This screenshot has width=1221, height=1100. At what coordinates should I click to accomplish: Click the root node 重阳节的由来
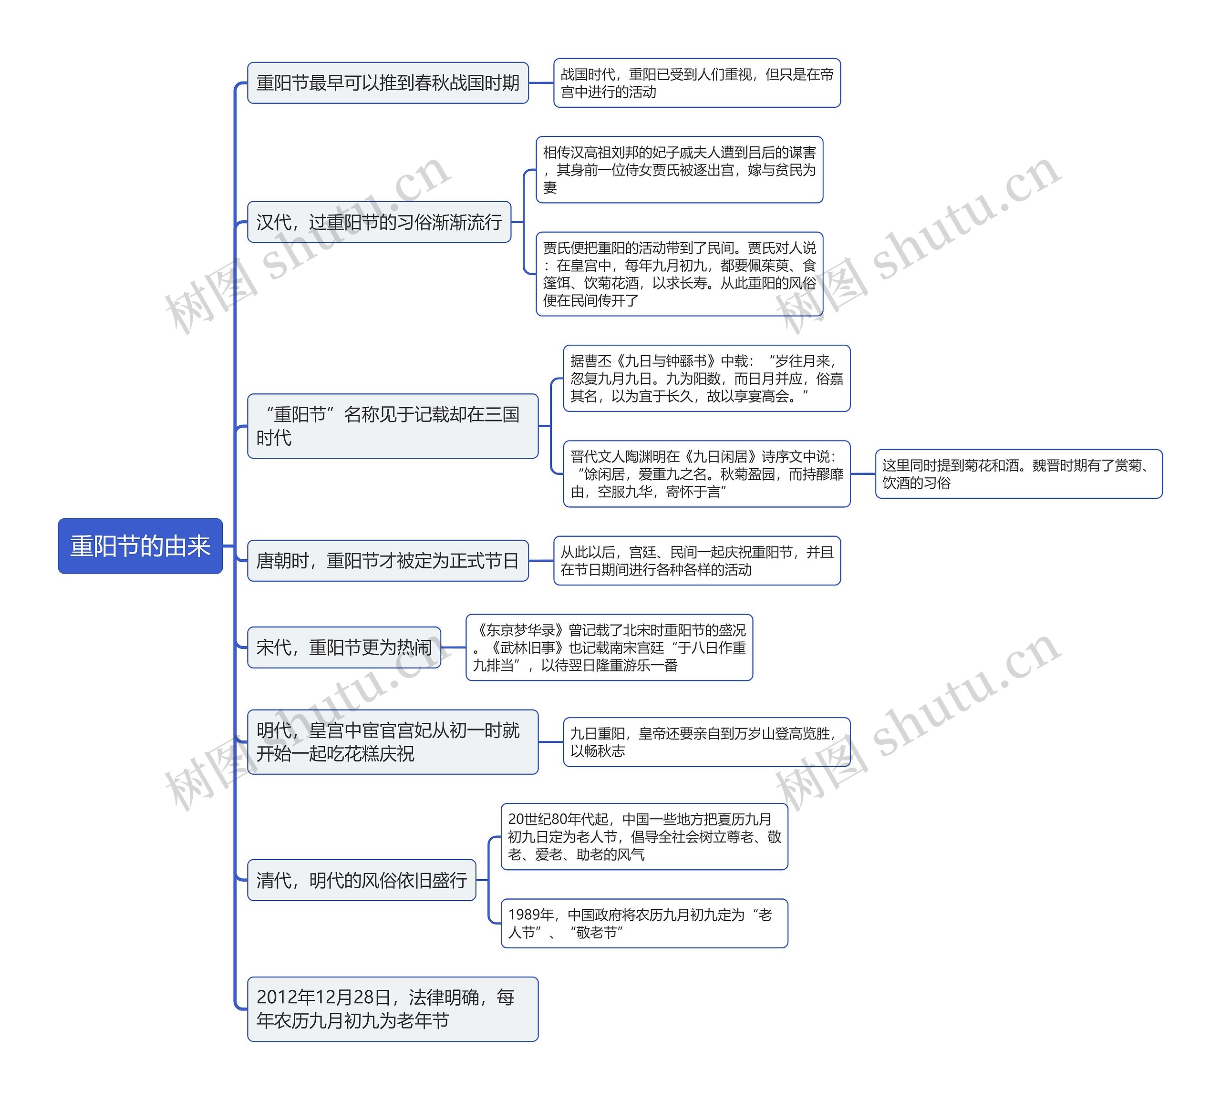[140, 546]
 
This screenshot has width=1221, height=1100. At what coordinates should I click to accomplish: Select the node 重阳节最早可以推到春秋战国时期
[387, 83]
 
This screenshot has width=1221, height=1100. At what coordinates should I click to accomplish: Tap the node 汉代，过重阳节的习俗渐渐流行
[379, 222]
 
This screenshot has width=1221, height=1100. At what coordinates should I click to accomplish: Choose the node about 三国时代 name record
[392, 426]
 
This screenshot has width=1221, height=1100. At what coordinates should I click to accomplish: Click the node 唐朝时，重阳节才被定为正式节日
[387, 560]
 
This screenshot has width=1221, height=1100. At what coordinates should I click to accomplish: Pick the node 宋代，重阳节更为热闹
[344, 648]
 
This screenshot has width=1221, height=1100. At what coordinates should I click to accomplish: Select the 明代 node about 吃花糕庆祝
[392, 741]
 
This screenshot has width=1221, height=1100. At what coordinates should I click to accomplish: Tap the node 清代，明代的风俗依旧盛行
[362, 880]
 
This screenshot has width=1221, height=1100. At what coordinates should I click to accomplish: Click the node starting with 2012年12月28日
[392, 1009]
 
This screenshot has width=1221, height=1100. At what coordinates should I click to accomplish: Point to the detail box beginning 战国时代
[697, 83]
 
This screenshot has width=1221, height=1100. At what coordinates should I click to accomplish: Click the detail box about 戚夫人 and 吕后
[679, 170]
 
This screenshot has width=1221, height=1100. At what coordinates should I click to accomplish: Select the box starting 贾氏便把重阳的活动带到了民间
[679, 274]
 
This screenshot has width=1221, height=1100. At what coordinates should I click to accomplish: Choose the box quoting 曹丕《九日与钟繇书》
[707, 379]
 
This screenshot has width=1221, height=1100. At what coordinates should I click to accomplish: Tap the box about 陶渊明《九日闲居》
[707, 474]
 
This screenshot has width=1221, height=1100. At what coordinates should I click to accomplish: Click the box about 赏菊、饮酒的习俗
[1018, 474]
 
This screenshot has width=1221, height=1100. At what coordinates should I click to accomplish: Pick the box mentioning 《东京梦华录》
[609, 648]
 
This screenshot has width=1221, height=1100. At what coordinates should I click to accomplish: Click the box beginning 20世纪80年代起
[644, 836]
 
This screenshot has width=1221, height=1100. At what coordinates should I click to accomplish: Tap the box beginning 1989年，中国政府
[644, 923]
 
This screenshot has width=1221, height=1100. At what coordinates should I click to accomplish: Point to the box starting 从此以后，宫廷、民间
[697, 560]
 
